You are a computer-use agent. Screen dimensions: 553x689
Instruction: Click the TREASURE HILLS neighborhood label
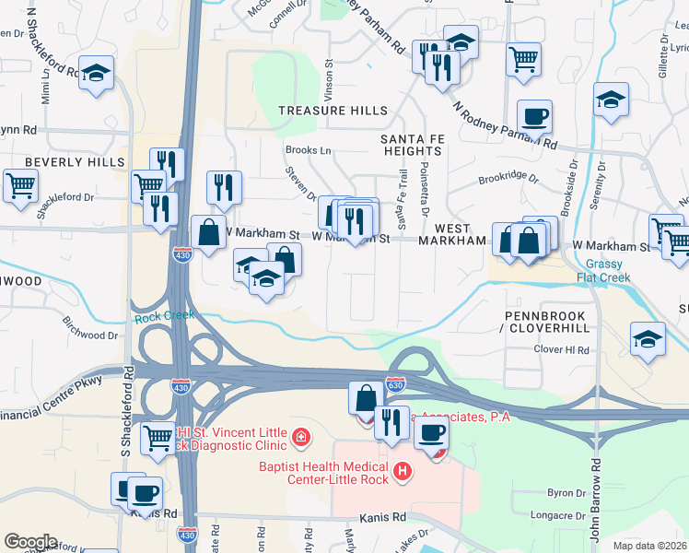pyautogui.click(x=333, y=111)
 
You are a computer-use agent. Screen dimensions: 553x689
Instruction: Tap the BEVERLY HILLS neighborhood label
pyautogui.click(x=75, y=162)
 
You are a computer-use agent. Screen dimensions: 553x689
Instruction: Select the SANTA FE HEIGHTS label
pyautogui.click(x=412, y=144)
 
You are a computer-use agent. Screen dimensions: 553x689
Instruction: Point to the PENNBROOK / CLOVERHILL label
pyautogui.click(x=544, y=322)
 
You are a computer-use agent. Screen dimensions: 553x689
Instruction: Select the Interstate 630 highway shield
pyautogui.click(x=395, y=382)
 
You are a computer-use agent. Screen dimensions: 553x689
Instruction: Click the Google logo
pyautogui.click(x=30, y=541)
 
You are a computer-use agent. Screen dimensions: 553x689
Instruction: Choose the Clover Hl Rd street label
pyautogui.click(x=561, y=350)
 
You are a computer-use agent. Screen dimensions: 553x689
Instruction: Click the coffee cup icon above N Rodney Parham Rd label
pyautogui.click(x=534, y=116)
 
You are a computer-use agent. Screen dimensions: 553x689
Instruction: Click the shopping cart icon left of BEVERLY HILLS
pyautogui.click(x=20, y=184)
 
